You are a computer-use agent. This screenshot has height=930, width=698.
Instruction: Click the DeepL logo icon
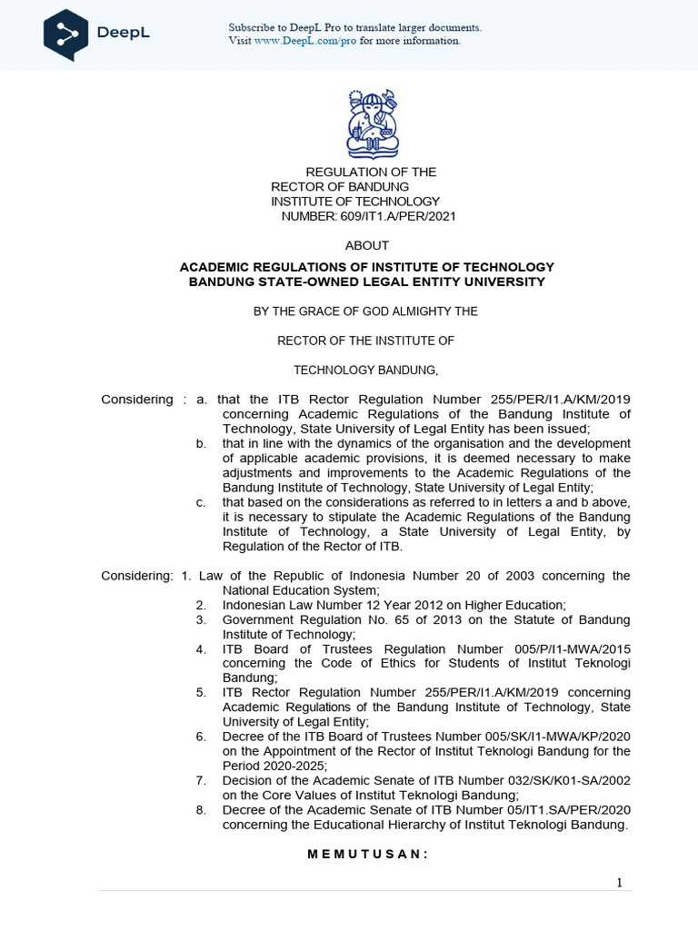click(x=66, y=35)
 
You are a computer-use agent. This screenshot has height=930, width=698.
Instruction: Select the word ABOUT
click(x=367, y=245)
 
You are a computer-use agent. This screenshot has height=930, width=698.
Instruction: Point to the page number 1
click(x=619, y=884)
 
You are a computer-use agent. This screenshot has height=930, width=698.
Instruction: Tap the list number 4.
click(x=200, y=649)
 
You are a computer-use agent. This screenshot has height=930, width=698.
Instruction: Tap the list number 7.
click(x=200, y=781)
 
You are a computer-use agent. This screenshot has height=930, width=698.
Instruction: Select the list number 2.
click(x=200, y=605)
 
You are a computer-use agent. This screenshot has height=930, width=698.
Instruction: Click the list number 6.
click(x=200, y=737)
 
